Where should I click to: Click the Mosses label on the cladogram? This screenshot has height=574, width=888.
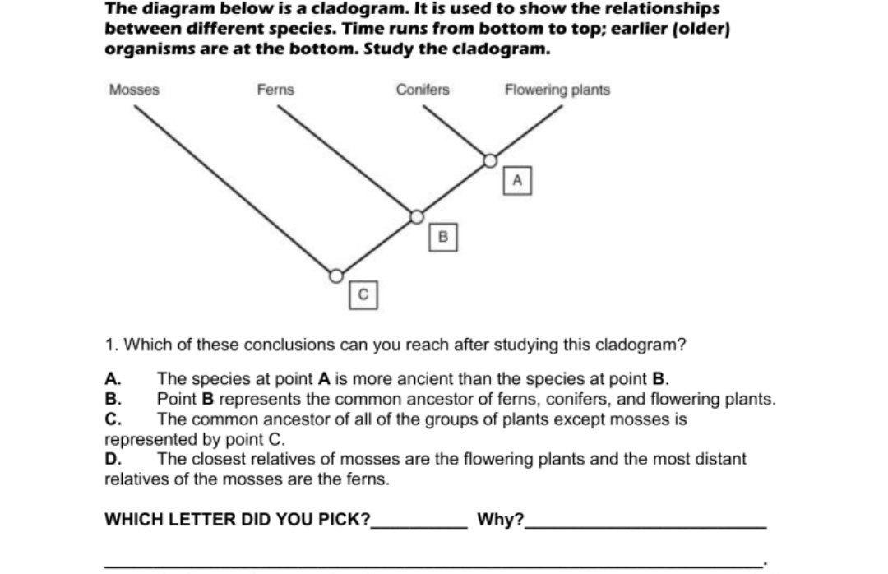coord(134,90)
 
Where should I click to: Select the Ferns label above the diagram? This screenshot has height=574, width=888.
coord(275,90)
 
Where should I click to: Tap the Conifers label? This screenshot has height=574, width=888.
coord(423,90)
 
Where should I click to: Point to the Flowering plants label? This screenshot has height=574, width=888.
coord(557,90)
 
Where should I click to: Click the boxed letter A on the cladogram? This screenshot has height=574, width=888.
coord(517,180)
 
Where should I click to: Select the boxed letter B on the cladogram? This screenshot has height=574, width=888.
coord(442,238)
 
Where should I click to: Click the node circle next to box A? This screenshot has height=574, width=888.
coord(490,160)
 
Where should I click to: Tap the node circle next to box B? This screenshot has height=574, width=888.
coord(417,217)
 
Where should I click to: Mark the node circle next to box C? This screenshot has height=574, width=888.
coord(335,275)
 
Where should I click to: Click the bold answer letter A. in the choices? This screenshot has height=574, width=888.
coord(113,379)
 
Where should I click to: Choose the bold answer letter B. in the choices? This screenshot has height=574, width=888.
coord(113,400)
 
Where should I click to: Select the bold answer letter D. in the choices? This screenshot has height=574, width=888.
coord(113,459)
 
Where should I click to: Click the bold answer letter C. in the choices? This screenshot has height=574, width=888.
coord(113,419)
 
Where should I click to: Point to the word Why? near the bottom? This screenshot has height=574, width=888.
coord(500,520)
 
